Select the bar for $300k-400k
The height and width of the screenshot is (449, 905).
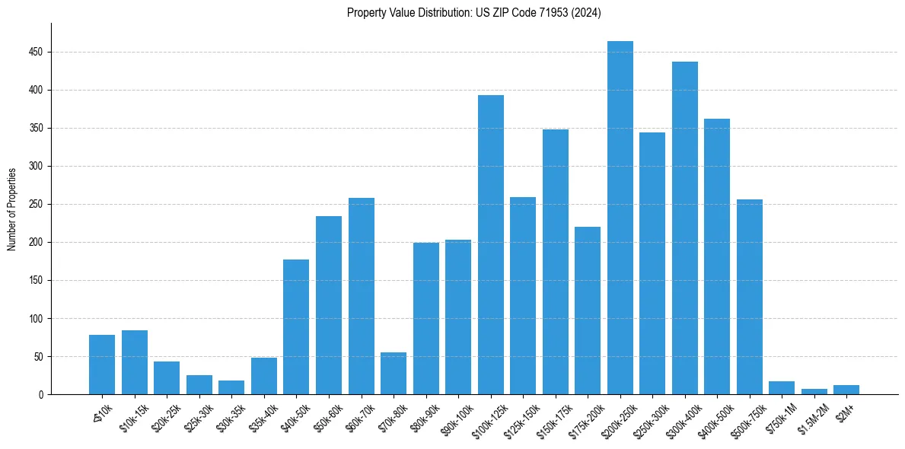click(x=684, y=228)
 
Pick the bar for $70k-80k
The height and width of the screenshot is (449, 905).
click(x=394, y=374)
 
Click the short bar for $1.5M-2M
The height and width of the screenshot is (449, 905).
click(x=814, y=391)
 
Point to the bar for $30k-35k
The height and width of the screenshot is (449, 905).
click(x=231, y=387)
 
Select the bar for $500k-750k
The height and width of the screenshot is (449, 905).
click(x=749, y=297)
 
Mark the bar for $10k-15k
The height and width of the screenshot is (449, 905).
click(x=134, y=362)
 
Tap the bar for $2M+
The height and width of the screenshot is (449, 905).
click(x=846, y=390)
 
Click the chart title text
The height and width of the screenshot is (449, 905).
click(x=474, y=13)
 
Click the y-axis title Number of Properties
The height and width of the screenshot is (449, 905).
click(x=12, y=209)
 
